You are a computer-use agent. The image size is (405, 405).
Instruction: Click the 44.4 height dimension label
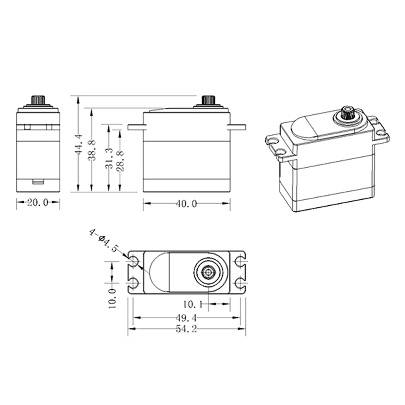click(x=79, y=145)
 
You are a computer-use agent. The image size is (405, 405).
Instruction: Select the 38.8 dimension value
click(x=92, y=151)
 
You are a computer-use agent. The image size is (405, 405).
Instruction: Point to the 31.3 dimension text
click(x=109, y=158)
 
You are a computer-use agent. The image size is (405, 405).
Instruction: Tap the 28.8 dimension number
click(x=120, y=161)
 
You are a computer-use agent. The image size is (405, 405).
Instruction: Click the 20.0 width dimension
click(x=38, y=203)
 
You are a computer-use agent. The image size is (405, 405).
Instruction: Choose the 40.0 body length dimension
click(x=186, y=204)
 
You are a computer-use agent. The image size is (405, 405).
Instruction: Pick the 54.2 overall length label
click(x=186, y=329)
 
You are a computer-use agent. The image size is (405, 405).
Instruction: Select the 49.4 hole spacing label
click(x=186, y=318)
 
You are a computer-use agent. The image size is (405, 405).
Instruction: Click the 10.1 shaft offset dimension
click(x=193, y=305)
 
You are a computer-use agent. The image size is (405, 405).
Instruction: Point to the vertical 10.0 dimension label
click(x=112, y=298)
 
